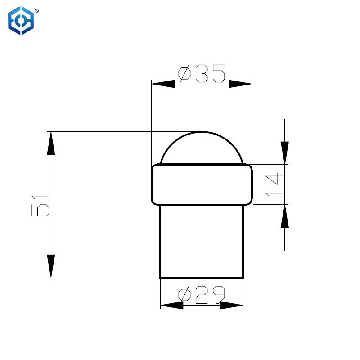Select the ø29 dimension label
tap(201, 295)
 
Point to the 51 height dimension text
tap(41, 205)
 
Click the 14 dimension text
tap(274, 184)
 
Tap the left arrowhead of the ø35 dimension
tap(163, 84)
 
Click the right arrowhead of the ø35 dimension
tap(240, 84)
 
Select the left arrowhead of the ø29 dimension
tap(171, 305)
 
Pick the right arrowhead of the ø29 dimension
tap(232, 305)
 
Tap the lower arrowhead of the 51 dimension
tap(51, 266)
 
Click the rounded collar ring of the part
tap(202, 184)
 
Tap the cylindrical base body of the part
tap(202, 241)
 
